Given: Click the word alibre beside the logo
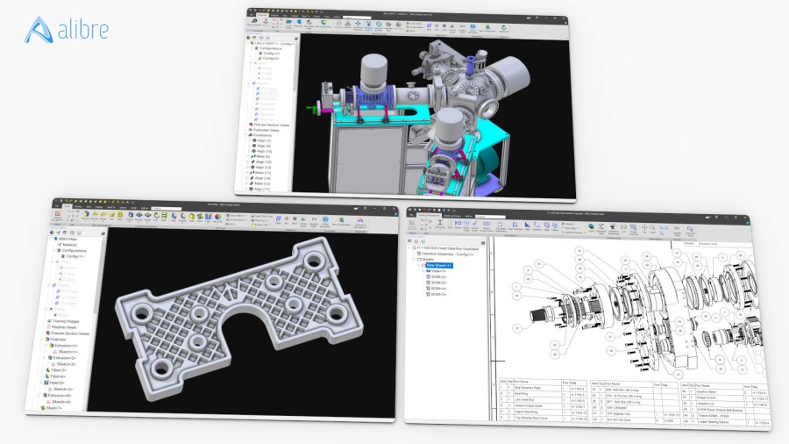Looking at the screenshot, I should pos(84,30).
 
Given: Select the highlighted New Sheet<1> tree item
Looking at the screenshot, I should pos(438,264).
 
